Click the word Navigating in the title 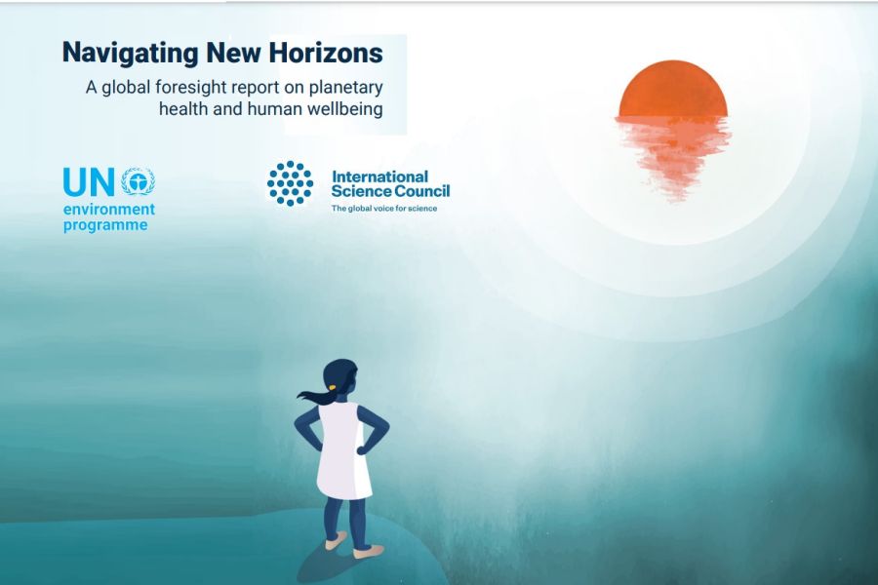[130, 54]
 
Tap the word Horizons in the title [326, 52]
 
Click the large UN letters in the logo [89, 182]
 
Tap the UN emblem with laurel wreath [139, 180]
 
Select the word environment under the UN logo [108, 210]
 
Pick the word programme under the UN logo [105, 225]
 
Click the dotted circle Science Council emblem [290, 183]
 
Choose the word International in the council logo [379, 176]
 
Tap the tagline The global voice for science [384, 209]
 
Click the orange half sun [673, 90]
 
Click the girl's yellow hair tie [332, 386]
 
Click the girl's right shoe [369, 552]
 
